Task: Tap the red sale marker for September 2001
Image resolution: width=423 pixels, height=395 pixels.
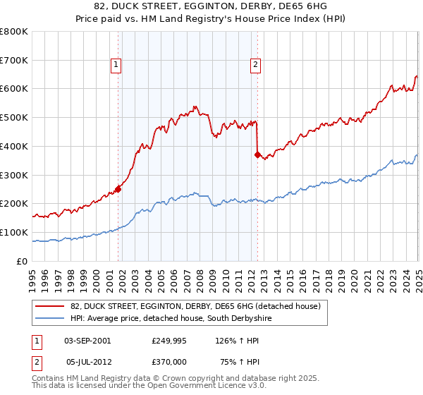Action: (x=118, y=188)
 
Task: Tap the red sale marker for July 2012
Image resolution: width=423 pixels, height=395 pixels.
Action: (x=257, y=154)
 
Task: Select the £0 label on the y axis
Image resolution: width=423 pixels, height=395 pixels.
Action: (x=22, y=261)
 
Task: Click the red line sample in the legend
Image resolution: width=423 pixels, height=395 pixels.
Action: (x=50, y=306)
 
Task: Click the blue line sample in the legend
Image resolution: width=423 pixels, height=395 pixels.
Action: (x=50, y=318)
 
